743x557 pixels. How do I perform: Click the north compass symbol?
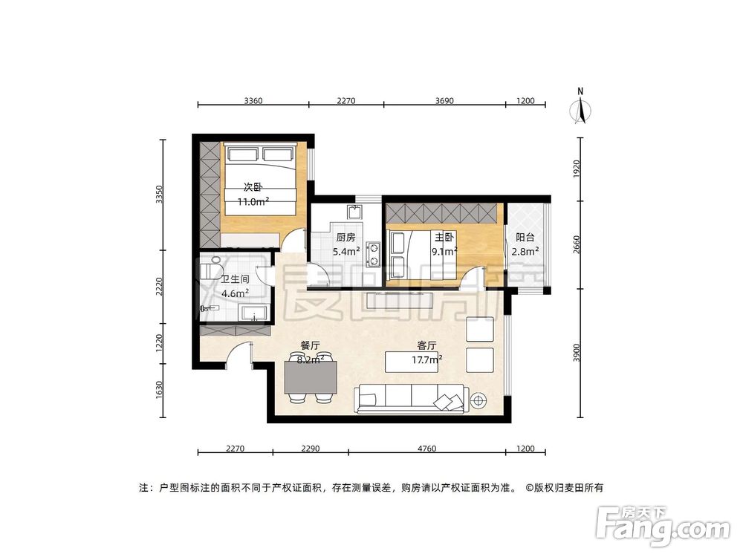coord(581,108)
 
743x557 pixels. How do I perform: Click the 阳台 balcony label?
coord(527,238)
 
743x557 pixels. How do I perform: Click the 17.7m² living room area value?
coord(427,359)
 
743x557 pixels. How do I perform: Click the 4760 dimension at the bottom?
coord(426,448)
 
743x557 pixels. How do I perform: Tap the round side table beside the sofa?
coord(477,400)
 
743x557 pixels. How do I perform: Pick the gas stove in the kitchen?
coord(374,253)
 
